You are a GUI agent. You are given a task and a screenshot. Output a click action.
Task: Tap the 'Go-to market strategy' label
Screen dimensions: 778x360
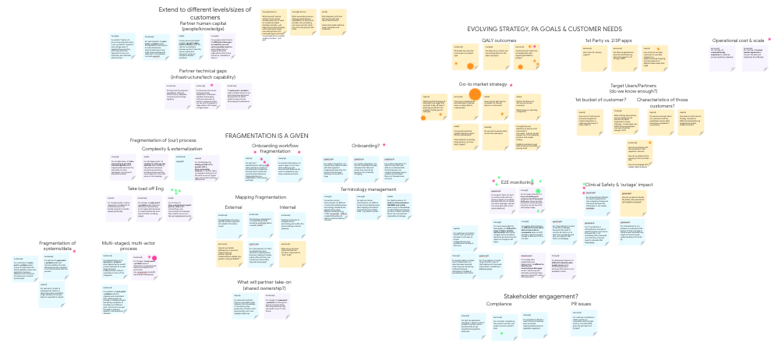483,84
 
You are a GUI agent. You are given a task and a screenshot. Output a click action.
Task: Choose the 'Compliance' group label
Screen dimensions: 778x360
499,305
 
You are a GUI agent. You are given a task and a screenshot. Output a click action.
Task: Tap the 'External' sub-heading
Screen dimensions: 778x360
234,207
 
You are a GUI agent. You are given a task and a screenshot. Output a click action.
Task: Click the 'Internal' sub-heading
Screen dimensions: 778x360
288,207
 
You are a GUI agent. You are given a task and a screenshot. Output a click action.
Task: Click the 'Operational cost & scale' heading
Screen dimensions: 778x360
737,40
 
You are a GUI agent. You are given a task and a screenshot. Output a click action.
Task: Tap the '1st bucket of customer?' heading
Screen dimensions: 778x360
599,100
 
